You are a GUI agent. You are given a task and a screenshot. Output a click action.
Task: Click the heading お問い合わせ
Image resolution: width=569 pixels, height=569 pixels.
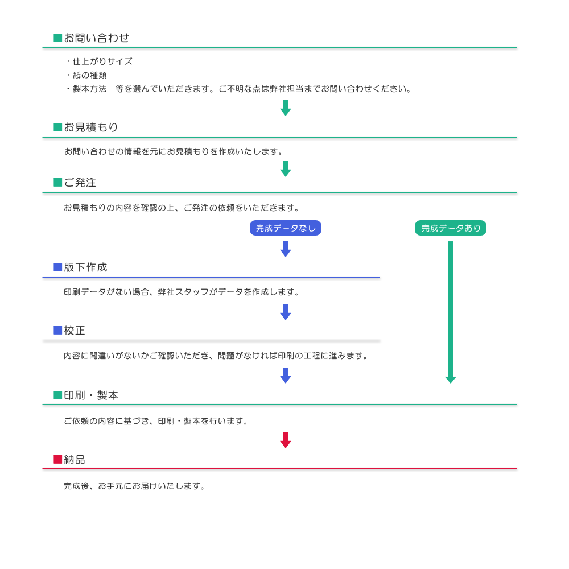point(97,38)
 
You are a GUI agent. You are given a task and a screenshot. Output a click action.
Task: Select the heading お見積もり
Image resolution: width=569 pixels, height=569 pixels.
point(91,127)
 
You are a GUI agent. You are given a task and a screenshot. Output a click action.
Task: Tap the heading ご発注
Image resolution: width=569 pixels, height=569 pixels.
point(80,183)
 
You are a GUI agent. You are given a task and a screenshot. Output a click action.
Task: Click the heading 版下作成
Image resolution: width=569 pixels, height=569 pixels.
point(86,267)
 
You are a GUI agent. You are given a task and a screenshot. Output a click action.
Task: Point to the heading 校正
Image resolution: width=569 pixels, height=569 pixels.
point(75,331)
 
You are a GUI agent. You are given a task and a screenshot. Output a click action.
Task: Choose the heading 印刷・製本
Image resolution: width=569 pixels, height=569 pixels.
point(91,395)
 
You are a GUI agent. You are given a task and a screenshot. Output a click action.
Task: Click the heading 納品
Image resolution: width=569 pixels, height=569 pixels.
point(75,460)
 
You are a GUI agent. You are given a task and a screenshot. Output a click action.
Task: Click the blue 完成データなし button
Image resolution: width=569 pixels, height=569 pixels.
point(286,228)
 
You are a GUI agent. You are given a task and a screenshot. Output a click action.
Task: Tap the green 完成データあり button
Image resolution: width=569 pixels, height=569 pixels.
point(451,228)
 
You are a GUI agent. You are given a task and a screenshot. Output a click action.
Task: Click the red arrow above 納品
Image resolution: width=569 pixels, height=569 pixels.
point(286,440)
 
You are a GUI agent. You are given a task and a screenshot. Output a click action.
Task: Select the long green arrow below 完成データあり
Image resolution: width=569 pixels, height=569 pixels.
point(451,312)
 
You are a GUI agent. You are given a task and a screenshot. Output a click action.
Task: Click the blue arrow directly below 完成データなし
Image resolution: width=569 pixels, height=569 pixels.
point(286,249)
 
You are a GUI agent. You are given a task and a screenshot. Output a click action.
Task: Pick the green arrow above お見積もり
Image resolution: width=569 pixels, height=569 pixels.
point(286,108)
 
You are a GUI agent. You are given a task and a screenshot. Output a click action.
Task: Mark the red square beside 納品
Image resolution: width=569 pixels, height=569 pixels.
point(57,459)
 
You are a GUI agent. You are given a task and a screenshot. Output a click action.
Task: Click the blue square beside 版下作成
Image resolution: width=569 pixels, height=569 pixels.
point(57,267)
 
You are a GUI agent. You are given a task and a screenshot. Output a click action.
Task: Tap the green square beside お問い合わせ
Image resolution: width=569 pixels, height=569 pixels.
point(57,38)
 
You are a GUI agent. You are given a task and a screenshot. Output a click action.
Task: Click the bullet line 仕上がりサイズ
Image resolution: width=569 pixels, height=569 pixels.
point(100,61)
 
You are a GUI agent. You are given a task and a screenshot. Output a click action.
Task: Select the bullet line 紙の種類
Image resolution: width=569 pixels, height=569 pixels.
point(86,75)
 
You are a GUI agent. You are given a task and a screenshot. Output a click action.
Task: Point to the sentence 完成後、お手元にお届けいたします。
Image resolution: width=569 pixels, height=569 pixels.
point(135,486)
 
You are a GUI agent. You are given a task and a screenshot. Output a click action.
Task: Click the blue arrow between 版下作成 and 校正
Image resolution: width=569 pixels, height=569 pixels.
point(286,312)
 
